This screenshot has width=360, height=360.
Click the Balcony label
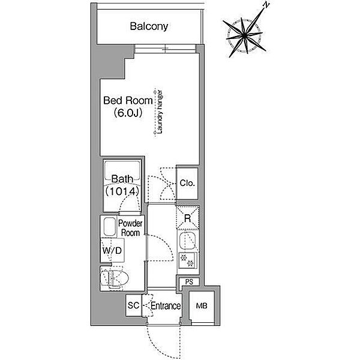pos(149,26)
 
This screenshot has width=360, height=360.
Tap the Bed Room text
pos(128,101)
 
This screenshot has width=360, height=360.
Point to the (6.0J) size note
pos(128,113)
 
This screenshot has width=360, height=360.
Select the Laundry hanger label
pos(160,112)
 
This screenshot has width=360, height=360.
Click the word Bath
pos(122,179)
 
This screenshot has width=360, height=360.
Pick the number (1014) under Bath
pos(122,191)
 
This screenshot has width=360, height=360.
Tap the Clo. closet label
pos(187,183)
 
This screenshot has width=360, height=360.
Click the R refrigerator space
pos(188,218)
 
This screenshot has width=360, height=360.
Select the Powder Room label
pos(130,228)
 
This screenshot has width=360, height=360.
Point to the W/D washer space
pos(112,250)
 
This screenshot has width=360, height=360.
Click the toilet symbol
pos(115,278)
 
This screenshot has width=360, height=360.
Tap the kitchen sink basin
pos(187,241)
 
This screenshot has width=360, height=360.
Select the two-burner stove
pos(187,260)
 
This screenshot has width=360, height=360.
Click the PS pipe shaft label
pos(189,282)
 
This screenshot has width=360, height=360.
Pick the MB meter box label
pos(202,306)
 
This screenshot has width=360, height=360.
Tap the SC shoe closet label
pos(133,305)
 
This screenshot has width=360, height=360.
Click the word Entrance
pos(166,306)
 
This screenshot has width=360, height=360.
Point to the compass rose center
pos(245,35)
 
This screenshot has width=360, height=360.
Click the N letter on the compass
pos(266,5)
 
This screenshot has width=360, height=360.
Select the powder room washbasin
pos(110,227)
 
